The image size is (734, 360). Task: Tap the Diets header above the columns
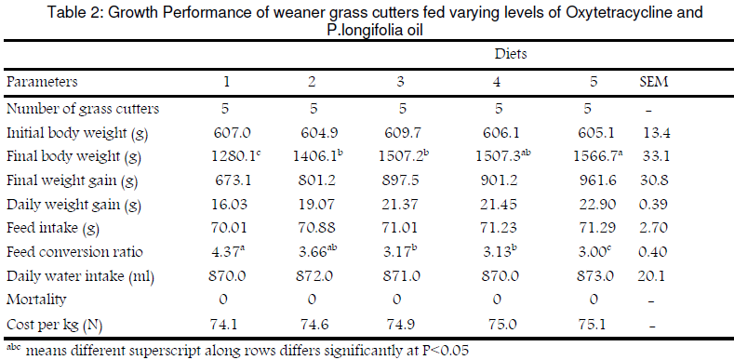[511, 54]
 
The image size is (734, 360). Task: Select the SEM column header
[654, 82]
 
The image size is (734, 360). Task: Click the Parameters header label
[42, 82]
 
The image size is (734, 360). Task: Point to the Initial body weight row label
[77, 134]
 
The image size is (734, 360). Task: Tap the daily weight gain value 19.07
[314, 205]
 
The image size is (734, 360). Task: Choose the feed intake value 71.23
[498, 229]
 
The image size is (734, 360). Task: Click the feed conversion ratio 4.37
[227, 252]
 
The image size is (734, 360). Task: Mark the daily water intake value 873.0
[594, 275]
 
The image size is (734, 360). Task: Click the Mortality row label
[36, 300]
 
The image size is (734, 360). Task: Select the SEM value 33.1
[654, 157]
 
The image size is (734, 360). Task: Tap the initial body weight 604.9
[314, 133]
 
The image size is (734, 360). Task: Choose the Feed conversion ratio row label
[74, 252]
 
